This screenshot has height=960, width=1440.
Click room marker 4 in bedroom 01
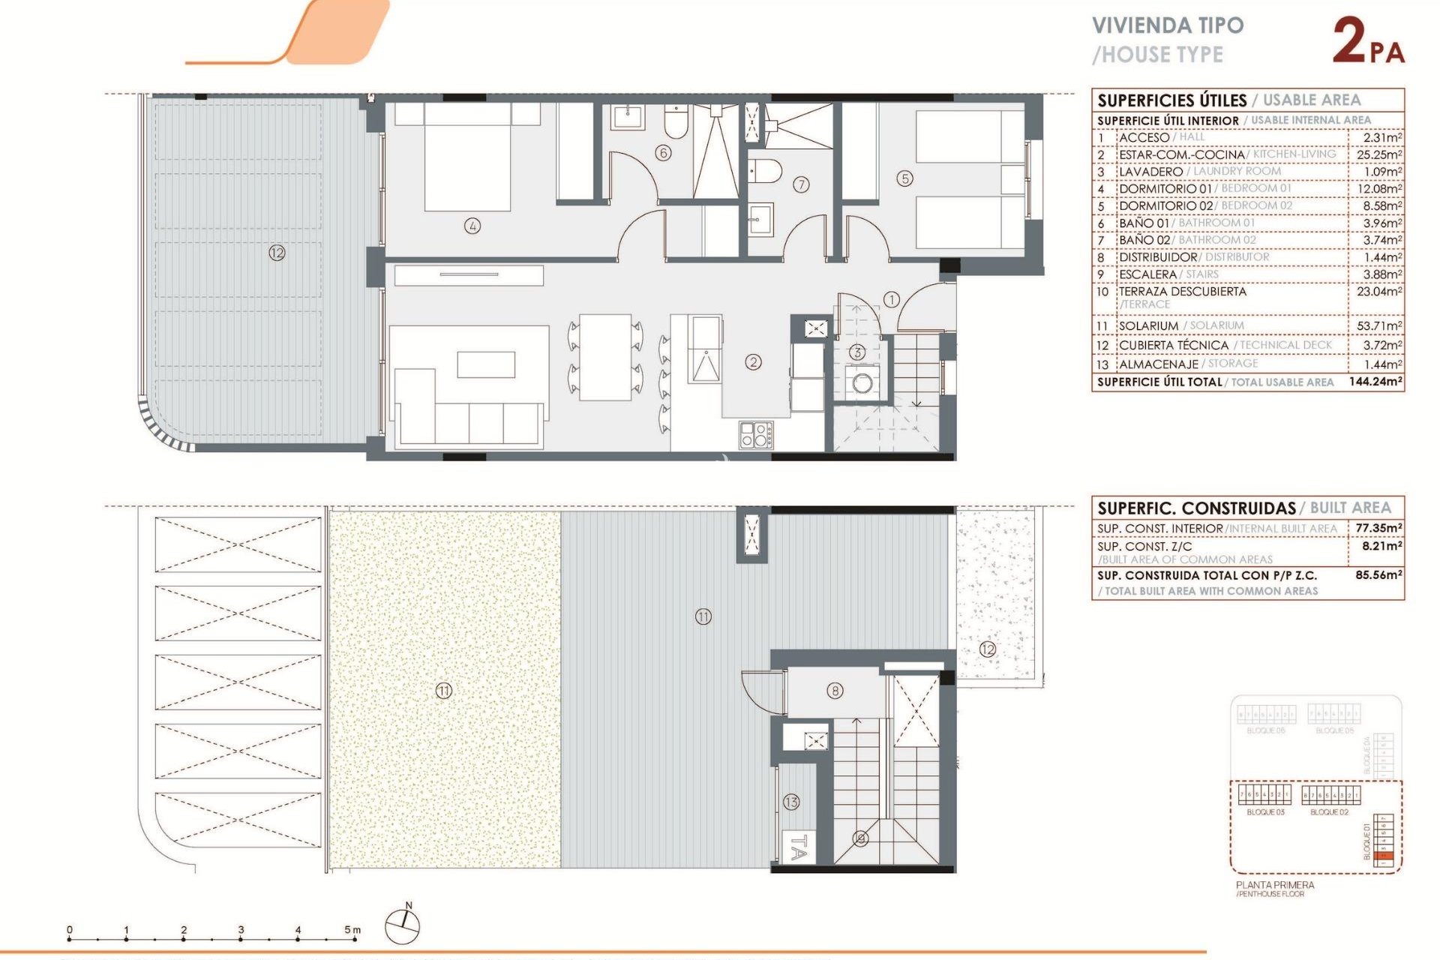click(472, 226)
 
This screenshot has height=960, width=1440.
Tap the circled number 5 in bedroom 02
click(904, 178)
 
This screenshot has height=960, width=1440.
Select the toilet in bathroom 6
click(676, 122)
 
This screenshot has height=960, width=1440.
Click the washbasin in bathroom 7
click(760, 220)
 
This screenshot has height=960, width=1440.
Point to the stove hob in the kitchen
click(755, 435)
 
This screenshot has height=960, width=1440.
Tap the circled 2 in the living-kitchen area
click(753, 362)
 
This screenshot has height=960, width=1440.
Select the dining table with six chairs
click(605, 358)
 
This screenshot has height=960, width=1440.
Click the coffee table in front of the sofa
click(486, 364)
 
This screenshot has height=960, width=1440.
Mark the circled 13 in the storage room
click(791, 802)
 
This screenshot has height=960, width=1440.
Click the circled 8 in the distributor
click(835, 691)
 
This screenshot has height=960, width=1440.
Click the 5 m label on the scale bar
click(352, 930)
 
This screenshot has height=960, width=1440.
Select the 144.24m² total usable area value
click(1375, 382)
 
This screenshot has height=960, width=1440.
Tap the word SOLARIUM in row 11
click(1147, 326)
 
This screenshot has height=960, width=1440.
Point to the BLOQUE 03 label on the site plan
click(1265, 812)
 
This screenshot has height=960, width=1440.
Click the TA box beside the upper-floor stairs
click(798, 848)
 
